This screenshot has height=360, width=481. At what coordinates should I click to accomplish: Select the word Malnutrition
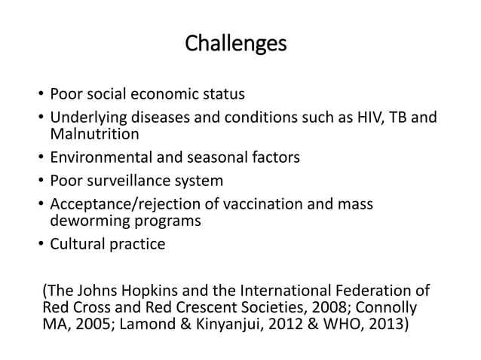coord(94,136)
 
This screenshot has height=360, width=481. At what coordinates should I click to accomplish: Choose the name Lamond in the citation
coord(159,327)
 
